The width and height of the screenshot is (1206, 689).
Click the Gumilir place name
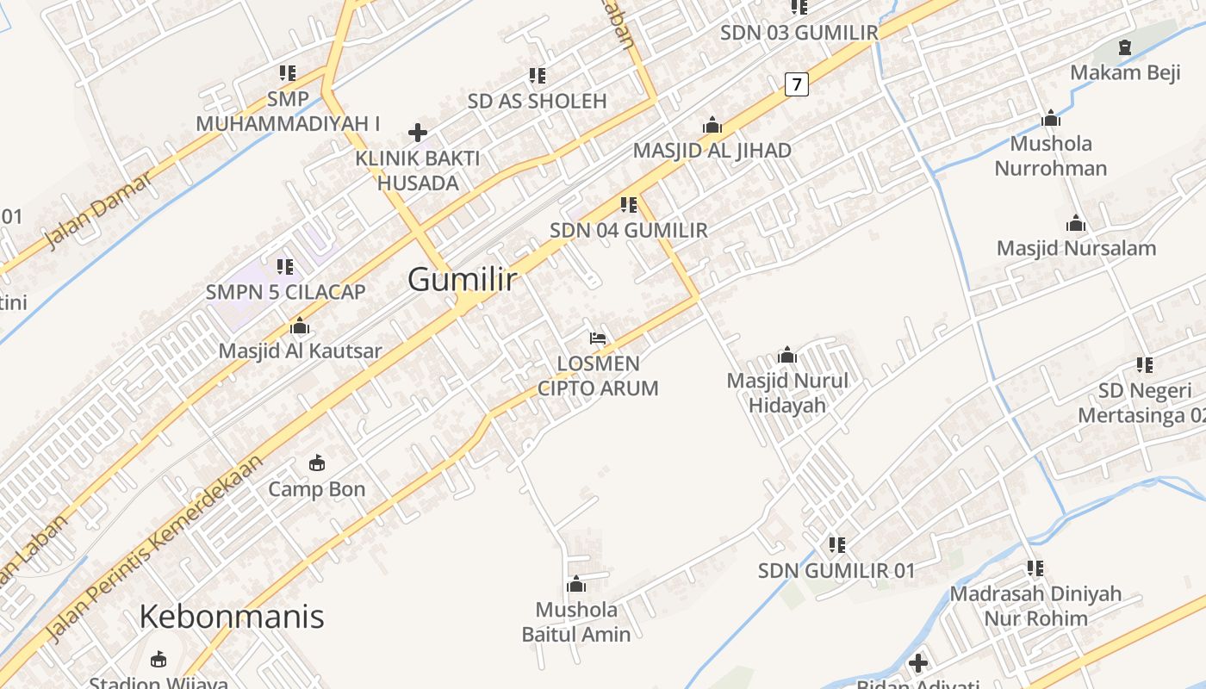(463, 279)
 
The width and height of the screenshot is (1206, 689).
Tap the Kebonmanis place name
(231, 617)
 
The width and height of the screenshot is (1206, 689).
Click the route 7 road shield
(797, 84)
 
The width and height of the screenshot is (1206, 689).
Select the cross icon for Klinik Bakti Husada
(418, 133)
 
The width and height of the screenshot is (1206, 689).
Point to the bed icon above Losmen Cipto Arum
(598, 338)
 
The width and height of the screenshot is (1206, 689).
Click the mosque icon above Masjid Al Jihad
(712, 125)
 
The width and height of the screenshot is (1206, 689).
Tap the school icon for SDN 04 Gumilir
(629, 205)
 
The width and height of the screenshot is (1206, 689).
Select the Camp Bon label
(317, 489)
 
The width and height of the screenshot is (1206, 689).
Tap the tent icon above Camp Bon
(317, 463)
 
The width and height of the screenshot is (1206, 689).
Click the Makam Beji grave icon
(1124, 47)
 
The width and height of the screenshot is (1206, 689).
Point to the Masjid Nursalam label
(1076, 249)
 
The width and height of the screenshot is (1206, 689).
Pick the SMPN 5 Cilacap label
(285, 292)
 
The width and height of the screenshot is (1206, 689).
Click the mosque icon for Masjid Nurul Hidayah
(786, 355)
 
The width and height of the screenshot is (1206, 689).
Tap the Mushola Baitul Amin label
(576, 622)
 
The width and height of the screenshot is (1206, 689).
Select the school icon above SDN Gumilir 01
(836, 545)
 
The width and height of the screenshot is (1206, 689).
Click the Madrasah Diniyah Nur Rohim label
(1035, 605)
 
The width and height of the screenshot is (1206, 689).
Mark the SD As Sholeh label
(537, 101)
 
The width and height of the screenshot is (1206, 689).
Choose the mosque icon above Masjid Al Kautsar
(300, 326)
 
